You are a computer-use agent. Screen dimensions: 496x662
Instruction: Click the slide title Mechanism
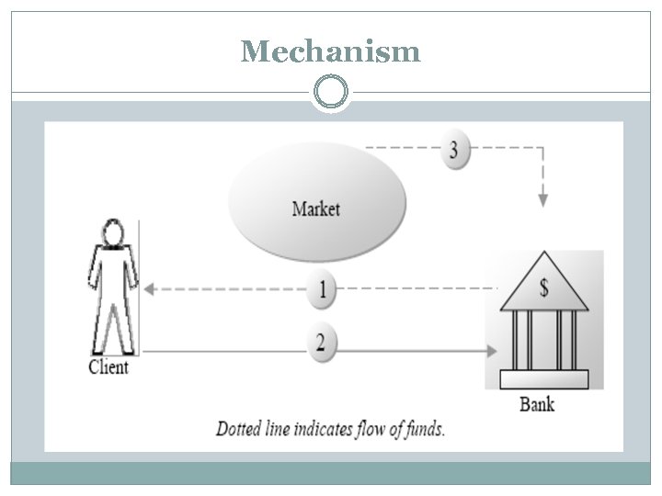tap(330, 51)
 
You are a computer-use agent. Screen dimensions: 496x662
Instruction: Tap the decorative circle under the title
tap(331, 93)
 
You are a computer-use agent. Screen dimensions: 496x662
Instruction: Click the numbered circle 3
tap(452, 151)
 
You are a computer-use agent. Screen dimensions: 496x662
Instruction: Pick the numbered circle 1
tap(322, 290)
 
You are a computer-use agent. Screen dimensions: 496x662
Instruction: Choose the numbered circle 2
tap(320, 344)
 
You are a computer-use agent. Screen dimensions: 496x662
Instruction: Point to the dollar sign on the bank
tap(544, 288)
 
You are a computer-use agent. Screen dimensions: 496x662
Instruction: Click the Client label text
tap(108, 367)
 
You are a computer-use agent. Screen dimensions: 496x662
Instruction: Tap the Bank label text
tap(537, 403)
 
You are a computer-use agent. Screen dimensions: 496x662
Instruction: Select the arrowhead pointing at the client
tap(150, 288)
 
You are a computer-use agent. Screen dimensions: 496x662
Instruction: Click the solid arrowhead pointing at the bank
tap(492, 350)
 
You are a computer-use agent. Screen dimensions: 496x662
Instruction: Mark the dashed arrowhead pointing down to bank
tap(542, 199)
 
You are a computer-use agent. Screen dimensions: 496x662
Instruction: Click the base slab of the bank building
tap(544, 379)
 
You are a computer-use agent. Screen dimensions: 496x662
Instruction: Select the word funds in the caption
tap(422, 429)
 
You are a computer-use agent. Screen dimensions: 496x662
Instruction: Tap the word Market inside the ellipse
tap(316, 209)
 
